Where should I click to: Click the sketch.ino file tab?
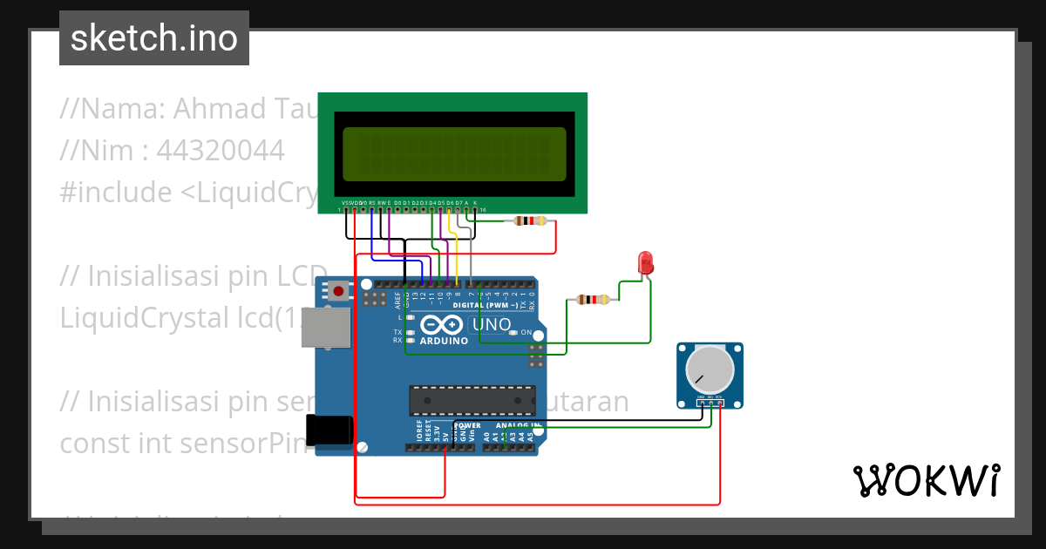tap(154, 38)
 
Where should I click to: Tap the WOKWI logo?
tap(925, 480)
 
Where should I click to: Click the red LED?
tap(645, 262)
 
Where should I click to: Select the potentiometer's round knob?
tap(710, 369)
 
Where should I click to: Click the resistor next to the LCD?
tap(530, 221)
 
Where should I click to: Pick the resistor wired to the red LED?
tap(593, 300)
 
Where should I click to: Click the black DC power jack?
tap(329, 431)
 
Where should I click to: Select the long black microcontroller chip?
tap(472, 399)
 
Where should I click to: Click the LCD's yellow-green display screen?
tap(453, 152)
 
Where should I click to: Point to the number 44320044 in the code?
tap(221, 151)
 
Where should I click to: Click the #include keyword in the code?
tap(116, 193)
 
